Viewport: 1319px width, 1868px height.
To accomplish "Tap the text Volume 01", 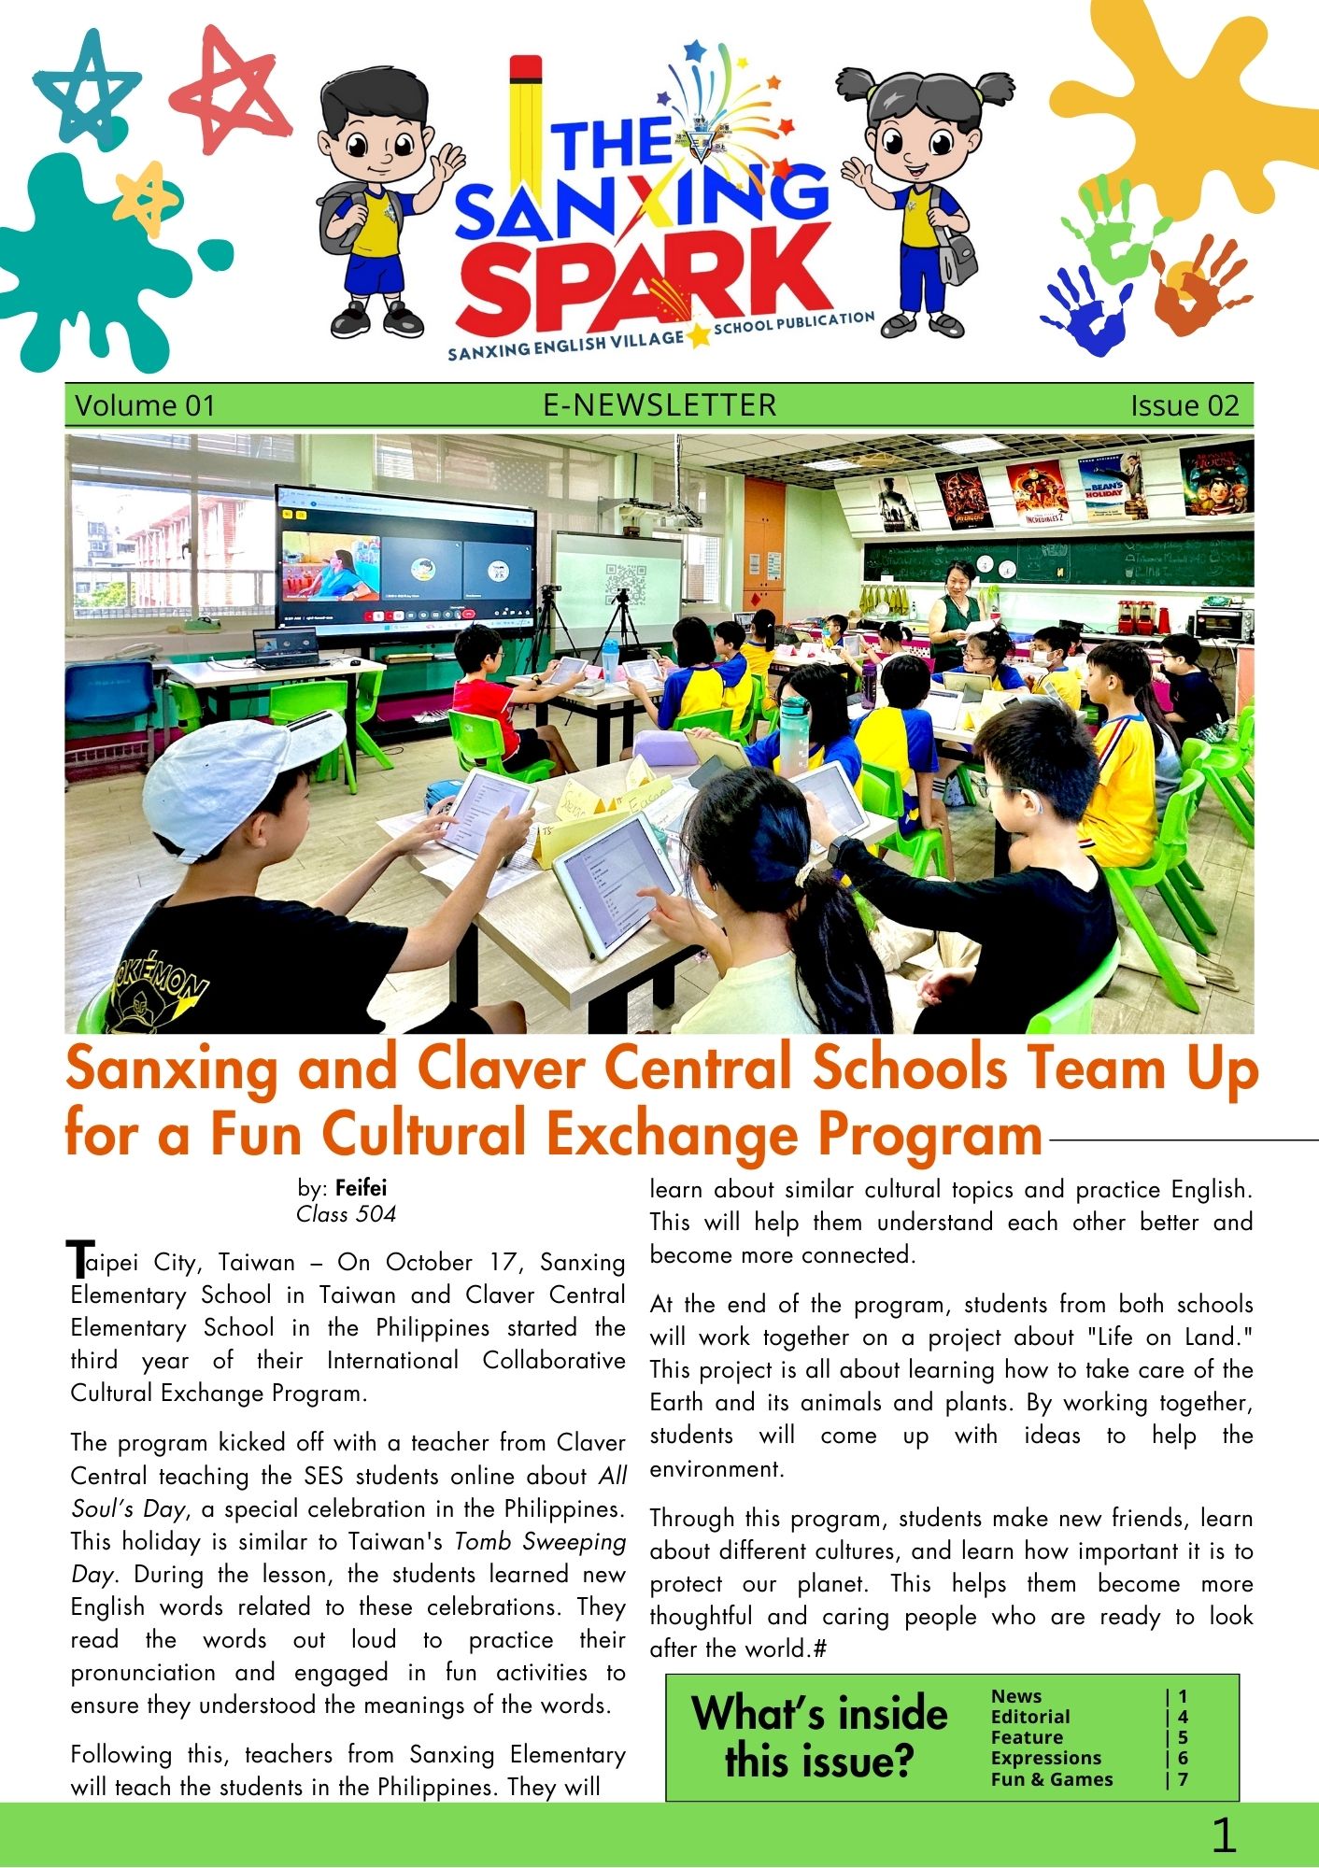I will pos(145,406).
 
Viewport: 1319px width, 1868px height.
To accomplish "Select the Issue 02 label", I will pos(1184,406).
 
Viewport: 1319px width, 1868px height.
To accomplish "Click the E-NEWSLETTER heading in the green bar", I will pos(659,405).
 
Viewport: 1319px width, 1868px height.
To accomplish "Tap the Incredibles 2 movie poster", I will pos(1037,492).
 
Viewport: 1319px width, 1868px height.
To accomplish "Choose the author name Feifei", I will pos(361,1189).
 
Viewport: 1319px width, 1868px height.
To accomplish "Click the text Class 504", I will pos(346,1214).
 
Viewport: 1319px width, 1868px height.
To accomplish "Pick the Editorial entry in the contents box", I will pos(1030,1717).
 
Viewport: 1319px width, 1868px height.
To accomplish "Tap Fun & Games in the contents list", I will pos(1052,1779).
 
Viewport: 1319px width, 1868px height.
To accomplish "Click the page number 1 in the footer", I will pos(1223,1835).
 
